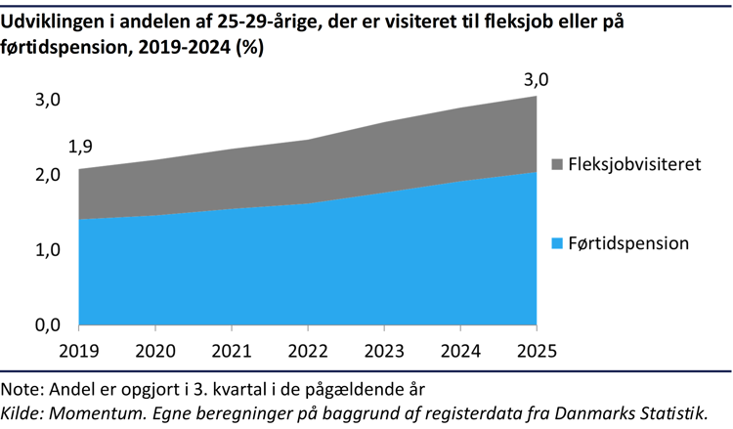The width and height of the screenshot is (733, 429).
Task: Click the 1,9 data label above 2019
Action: pos(81,148)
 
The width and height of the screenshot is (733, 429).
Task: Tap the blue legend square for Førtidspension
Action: pos(556,242)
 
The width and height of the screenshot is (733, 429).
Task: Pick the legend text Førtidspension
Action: pos(628,242)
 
